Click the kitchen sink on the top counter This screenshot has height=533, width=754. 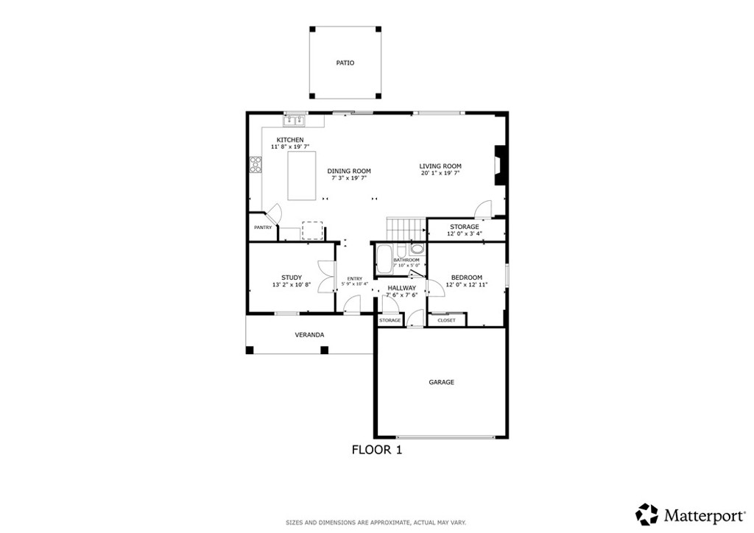point(295,120)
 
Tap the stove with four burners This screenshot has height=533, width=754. point(256,164)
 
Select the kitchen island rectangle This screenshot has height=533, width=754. point(302,175)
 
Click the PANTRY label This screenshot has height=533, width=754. point(263,227)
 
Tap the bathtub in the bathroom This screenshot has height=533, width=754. point(384,260)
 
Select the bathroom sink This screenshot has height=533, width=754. point(417,249)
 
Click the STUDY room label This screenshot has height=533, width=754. point(292,278)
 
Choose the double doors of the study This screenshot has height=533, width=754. point(324,278)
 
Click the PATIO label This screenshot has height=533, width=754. point(345,63)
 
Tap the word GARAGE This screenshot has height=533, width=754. point(442,382)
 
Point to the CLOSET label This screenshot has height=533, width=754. point(446,320)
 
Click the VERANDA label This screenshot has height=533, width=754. point(309,335)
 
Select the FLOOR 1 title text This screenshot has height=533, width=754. point(376,449)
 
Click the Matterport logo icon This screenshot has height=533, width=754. point(647,513)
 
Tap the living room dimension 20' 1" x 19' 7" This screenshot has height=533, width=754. point(440,174)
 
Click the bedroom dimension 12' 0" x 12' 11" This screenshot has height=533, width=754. point(467,284)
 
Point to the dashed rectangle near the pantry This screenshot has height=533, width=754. point(312,230)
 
